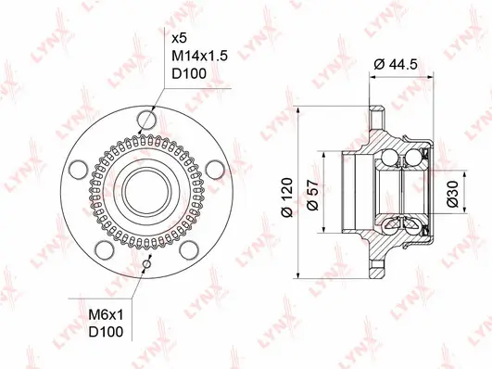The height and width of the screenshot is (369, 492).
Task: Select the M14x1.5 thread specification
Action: point(200,57)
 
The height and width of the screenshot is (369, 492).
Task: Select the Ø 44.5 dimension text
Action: point(399,65)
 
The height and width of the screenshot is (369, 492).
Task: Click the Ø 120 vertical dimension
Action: point(289,194)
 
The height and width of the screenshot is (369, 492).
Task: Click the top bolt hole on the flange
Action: point(145,119)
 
